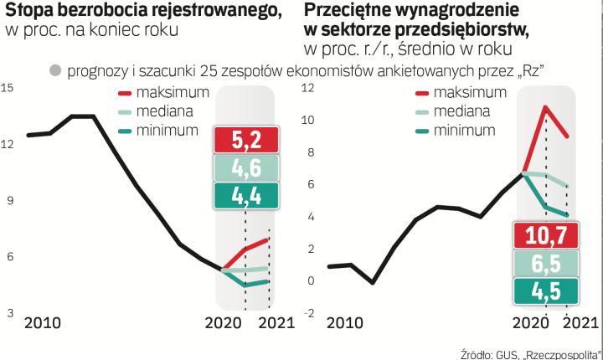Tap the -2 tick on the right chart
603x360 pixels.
[x=307, y=312]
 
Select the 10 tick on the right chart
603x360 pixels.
[x=307, y=120]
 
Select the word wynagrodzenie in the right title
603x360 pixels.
[x=457, y=12]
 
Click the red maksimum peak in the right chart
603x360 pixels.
[x=545, y=107]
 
